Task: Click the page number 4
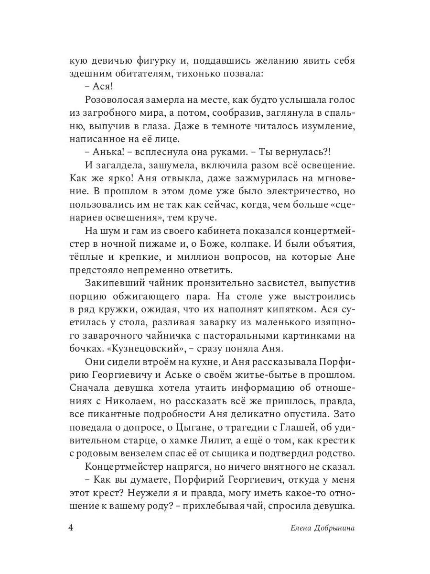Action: [71, 528]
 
